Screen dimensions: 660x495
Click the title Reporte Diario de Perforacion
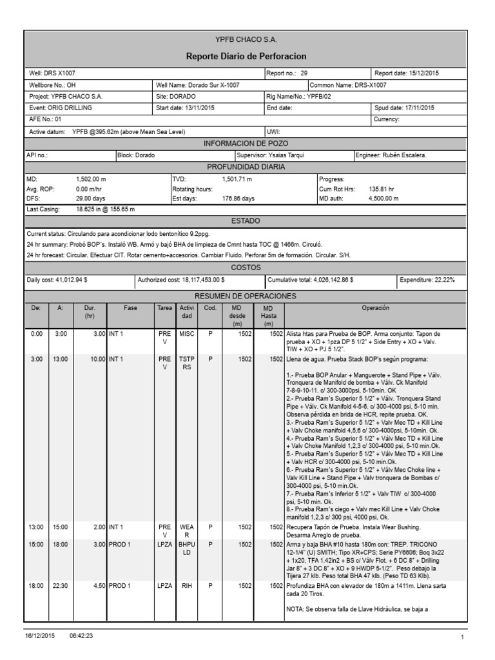[x=246, y=56]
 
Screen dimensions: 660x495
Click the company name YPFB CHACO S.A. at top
[x=246, y=40]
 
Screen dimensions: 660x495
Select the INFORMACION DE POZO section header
[x=246, y=143]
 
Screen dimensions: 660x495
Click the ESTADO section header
[x=246, y=221]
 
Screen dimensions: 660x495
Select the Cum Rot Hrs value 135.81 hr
[x=382, y=189]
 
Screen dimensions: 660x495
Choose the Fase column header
[x=131, y=309]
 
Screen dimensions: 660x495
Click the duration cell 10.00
[x=95, y=358]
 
